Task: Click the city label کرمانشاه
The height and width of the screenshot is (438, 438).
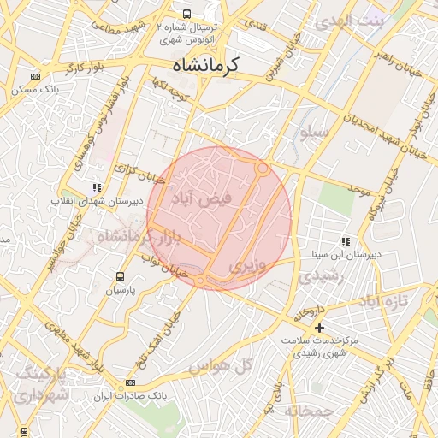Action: (205, 64)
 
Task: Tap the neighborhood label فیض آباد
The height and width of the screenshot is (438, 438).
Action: (202, 199)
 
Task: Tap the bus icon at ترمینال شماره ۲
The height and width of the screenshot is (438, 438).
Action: (186, 14)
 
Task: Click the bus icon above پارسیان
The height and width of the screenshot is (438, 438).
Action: (120, 276)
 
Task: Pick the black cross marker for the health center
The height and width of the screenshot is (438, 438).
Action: (320, 328)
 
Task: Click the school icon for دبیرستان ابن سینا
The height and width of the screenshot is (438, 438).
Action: (346, 241)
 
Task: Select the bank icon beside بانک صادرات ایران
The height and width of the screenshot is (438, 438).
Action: (130, 382)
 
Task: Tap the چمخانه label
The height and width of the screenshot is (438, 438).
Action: (308, 411)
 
